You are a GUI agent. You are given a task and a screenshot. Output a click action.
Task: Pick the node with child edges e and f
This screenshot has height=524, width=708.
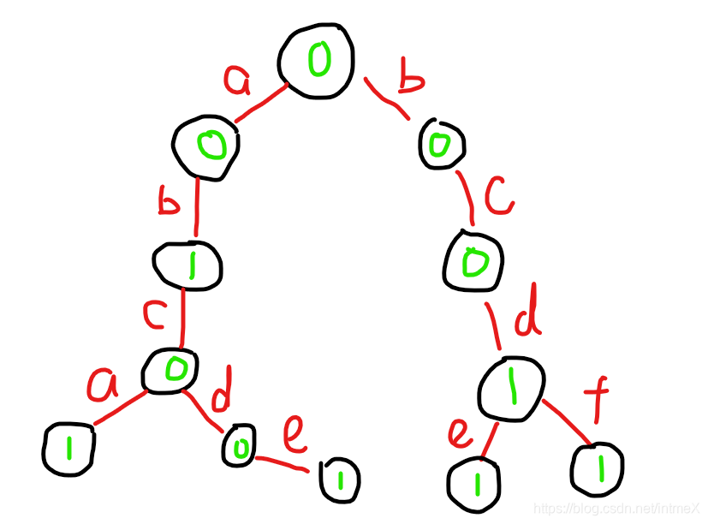click(x=511, y=390)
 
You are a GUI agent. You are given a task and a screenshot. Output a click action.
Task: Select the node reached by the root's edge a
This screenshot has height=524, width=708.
click(x=205, y=147)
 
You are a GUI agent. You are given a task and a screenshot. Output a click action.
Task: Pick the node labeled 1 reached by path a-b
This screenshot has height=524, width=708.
click(x=188, y=266)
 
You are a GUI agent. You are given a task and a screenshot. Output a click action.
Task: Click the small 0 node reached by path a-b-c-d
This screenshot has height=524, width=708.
click(x=239, y=445)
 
